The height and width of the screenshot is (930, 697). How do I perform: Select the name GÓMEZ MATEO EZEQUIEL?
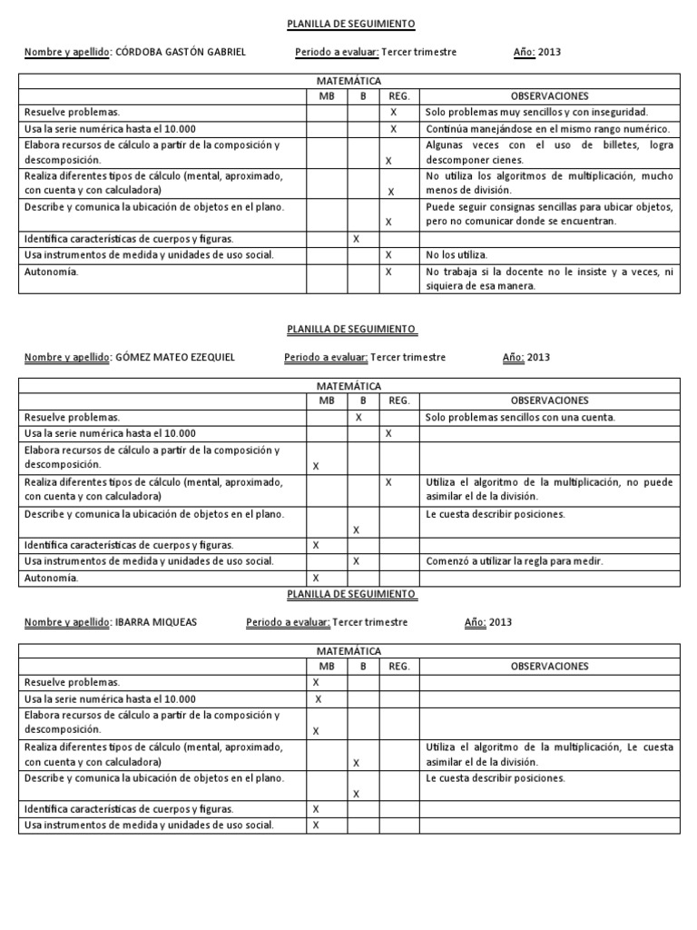pyautogui.click(x=175, y=358)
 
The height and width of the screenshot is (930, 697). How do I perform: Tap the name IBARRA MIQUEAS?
pyautogui.click(x=156, y=623)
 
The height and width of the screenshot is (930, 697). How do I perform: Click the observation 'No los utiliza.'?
pyautogui.click(x=456, y=255)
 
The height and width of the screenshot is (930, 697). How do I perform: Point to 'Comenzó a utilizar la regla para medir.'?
pyautogui.click(x=515, y=561)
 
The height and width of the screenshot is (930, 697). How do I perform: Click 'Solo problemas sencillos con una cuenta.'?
pyautogui.click(x=520, y=418)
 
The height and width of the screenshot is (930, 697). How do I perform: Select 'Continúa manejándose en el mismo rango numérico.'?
pyautogui.click(x=548, y=129)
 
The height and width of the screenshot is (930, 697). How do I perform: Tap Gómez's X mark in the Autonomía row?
pyautogui.click(x=317, y=578)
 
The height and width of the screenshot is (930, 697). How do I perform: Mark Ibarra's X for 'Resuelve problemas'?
pyautogui.click(x=316, y=682)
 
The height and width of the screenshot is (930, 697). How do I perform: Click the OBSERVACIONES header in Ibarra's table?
pyautogui.click(x=549, y=667)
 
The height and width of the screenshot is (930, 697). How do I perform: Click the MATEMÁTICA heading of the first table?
pyautogui.click(x=349, y=82)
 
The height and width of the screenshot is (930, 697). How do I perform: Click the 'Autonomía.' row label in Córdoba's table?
pyautogui.click(x=52, y=272)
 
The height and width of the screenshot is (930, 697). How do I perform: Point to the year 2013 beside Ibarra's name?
pyautogui.click(x=500, y=623)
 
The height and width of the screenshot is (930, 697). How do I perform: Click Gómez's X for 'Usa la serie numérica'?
pyautogui.click(x=388, y=433)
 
